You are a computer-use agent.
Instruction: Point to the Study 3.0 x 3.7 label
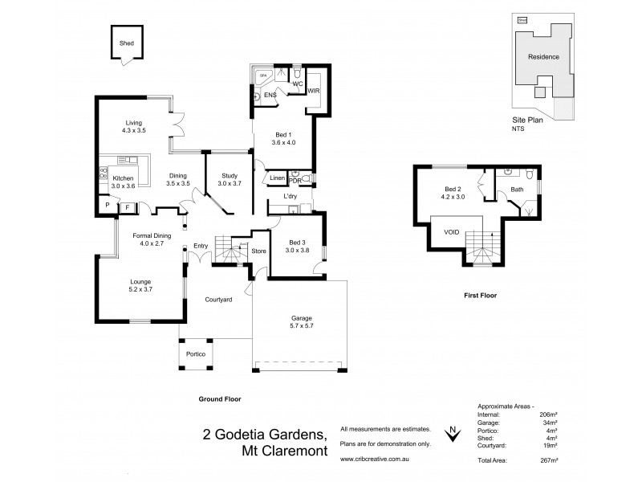[229, 180]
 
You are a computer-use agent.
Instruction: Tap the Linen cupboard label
[277, 178]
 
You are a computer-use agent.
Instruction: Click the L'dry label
[291, 197]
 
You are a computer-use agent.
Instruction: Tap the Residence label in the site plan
[542, 57]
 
